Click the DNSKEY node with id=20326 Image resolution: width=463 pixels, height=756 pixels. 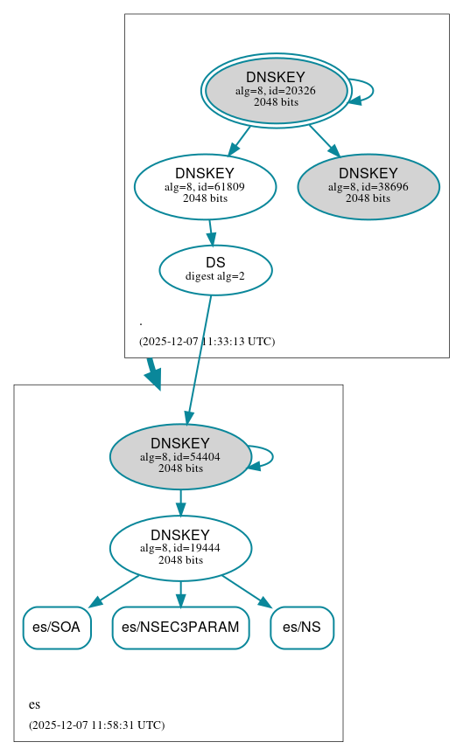pos(275,90)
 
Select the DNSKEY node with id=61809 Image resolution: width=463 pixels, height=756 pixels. pos(205,186)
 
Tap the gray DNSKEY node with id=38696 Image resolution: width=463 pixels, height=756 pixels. pos(368,186)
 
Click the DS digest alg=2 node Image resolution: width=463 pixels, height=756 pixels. pos(215,269)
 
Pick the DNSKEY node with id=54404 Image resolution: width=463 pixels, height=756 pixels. pos(180,456)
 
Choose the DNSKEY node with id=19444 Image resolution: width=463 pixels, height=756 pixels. pos(180,548)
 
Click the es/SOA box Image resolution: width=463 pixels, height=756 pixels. pos(57,628)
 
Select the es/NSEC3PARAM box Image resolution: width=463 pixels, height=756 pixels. pos(180,628)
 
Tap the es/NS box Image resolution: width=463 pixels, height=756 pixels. pos(302,628)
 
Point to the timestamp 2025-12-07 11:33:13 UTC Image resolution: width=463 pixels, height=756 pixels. pos(207,342)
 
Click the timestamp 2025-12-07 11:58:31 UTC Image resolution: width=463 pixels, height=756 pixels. pos(96,725)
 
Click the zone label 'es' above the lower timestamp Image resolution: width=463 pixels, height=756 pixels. pos(34,704)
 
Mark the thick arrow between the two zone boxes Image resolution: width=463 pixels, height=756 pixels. pos(153,372)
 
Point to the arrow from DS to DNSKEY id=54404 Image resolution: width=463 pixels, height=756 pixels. pos(199,358)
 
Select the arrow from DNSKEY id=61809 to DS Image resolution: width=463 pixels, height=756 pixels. pos(210,232)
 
